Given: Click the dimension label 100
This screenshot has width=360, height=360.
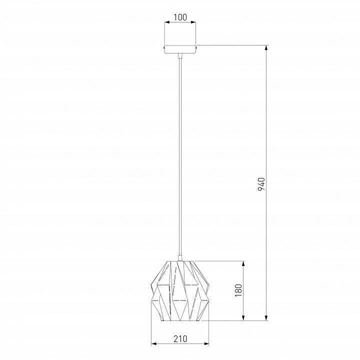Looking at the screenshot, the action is click(x=180, y=17).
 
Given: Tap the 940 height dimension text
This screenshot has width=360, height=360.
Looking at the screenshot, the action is click(x=261, y=184).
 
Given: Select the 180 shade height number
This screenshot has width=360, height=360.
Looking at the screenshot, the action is click(x=238, y=290).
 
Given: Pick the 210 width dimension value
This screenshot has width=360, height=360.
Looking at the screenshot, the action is click(x=180, y=339).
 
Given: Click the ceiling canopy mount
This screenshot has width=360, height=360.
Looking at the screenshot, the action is click(x=180, y=49).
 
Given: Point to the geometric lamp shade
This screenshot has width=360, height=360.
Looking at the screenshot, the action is click(x=180, y=291).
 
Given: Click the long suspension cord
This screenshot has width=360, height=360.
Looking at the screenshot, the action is click(x=180, y=156).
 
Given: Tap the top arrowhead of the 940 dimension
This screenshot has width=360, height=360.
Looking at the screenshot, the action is click(x=266, y=48).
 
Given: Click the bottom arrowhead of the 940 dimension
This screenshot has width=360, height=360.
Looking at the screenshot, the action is click(x=266, y=318).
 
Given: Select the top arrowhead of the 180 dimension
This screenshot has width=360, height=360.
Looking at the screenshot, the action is click(x=243, y=263).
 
